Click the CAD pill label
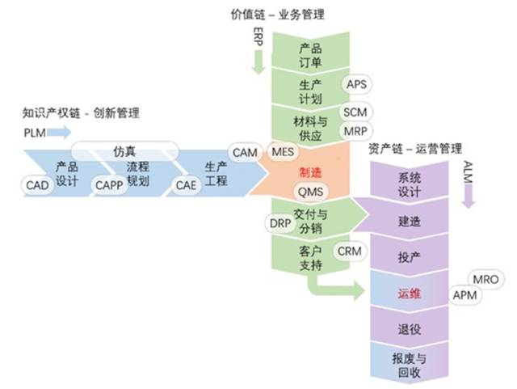pyautogui.click(x=37, y=185)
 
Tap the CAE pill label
pyautogui.click(x=186, y=185)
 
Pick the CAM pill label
pyautogui.click(x=245, y=152)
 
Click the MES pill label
pyautogui.click(x=283, y=152)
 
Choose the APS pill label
pyautogui.click(x=357, y=84)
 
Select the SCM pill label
pyautogui.click(x=356, y=112)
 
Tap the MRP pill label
pyautogui.click(x=356, y=131)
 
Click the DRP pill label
pyautogui.click(x=279, y=222)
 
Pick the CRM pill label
pyautogui.click(x=349, y=252)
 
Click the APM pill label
pyautogui.click(x=465, y=295)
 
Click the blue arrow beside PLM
pyautogui.click(x=60, y=131)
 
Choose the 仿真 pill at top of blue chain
pyautogui.click(x=124, y=150)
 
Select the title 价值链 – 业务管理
pyautogui.click(x=278, y=14)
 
